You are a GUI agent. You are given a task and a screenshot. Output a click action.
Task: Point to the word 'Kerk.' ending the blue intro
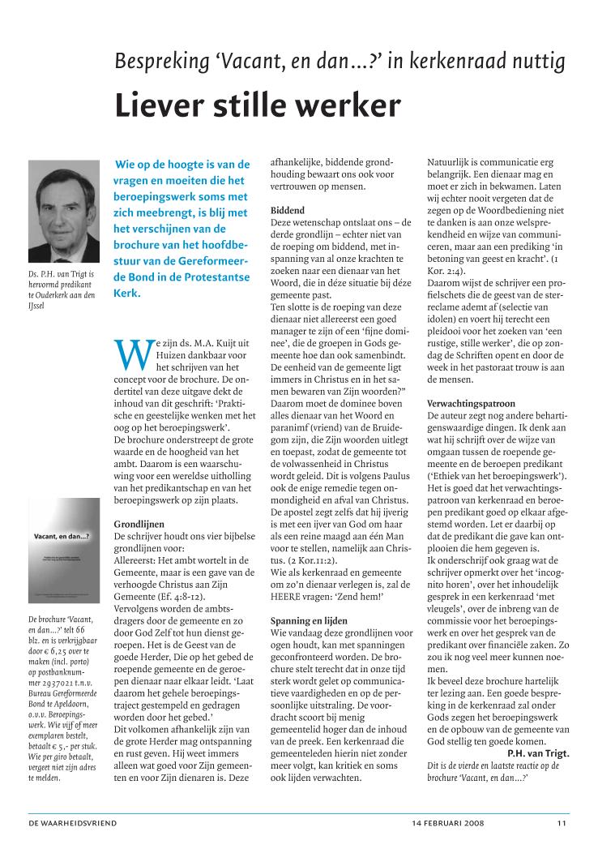128,292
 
